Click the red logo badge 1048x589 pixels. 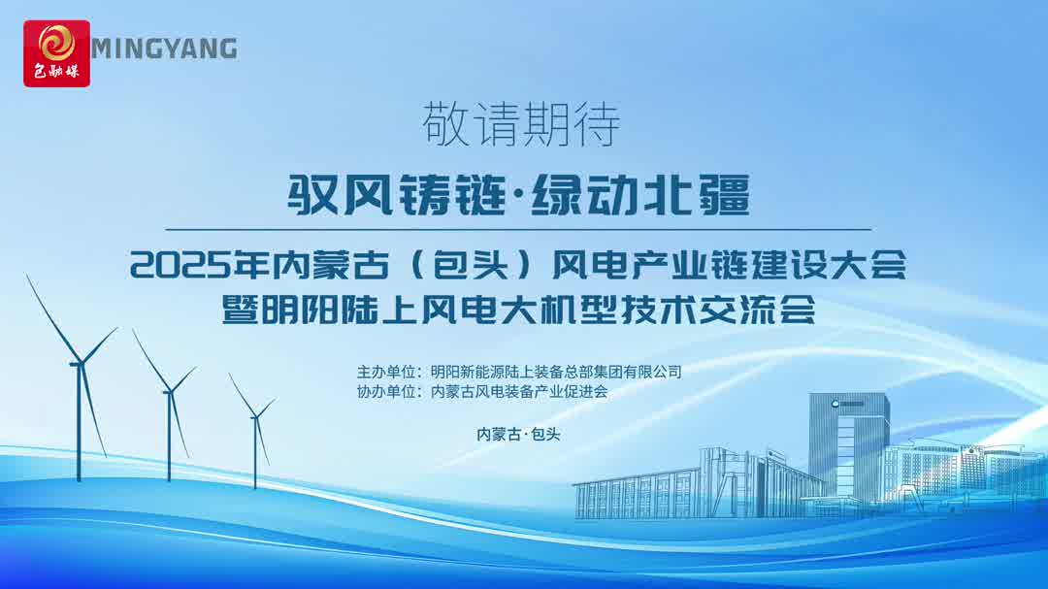coord(57,53)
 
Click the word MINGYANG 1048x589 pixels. coord(164,49)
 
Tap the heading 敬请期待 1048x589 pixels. coord(521,124)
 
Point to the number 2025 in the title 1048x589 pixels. coord(178,265)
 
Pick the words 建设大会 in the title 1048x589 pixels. coord(828,265)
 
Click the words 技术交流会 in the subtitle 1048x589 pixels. coord(718,310)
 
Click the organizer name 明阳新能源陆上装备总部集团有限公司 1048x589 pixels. coord(556,372)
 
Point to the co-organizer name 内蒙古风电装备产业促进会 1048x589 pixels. coord(519,392)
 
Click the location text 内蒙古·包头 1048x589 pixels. coord(518,435)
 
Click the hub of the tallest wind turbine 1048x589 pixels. coord(80,363)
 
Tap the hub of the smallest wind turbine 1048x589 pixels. coord(254,416)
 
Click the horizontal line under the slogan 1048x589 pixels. coord(518,229)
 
